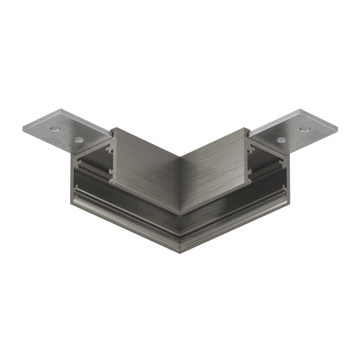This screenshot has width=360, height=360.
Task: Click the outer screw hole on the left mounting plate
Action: (55, 129)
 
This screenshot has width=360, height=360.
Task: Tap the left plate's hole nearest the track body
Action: (79, 139)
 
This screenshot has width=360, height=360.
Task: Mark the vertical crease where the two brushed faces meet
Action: (180, 180)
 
